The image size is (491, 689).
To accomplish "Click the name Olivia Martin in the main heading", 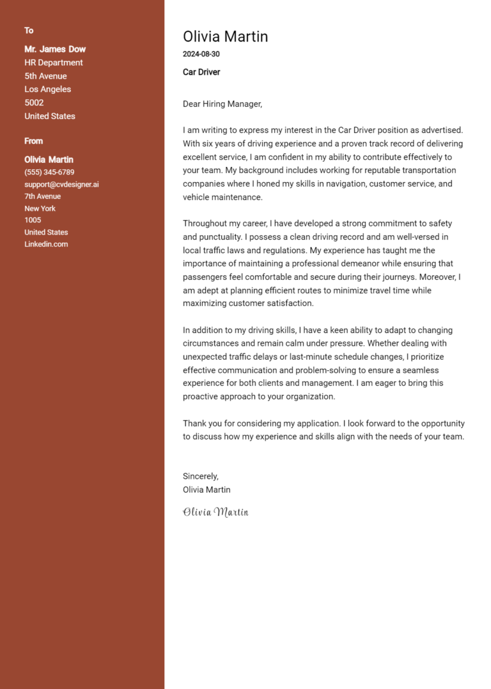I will point(225,36).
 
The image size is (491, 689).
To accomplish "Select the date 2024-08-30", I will point(201,54).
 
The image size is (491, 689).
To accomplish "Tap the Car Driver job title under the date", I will point(201,72).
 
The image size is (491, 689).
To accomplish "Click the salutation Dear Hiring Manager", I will point(222,104).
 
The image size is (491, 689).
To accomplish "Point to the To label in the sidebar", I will point(29,31).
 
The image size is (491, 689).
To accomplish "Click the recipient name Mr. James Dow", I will point(55,49).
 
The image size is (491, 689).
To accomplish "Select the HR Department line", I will point(54,63).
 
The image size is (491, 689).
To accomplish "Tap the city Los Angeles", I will point(48,89).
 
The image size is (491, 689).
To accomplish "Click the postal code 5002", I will point(34,103).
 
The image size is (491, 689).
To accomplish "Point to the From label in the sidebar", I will point(34,141).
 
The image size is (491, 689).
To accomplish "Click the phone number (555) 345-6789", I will point(49,173).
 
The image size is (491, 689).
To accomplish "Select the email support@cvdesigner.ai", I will point(61,185).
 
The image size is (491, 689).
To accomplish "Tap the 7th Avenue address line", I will point(43,197).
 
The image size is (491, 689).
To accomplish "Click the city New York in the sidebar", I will point(40,208).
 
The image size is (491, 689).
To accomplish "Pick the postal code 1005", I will point(33,221).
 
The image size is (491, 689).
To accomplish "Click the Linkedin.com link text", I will point(46,244).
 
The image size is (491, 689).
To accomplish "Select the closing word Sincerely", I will point(200,476).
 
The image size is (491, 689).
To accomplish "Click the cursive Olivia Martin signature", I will point(215,512).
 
